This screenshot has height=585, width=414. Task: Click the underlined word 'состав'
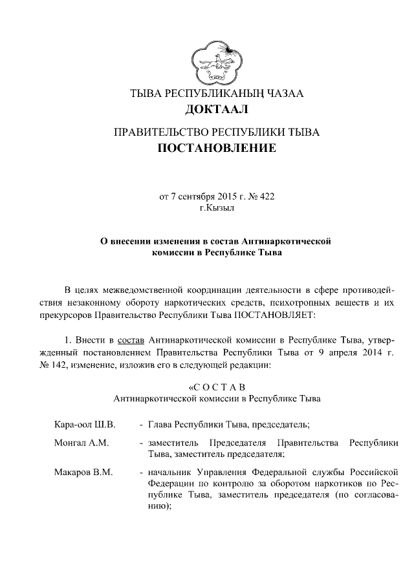click(132, 339)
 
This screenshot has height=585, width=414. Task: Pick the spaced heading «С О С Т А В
click(217, 387)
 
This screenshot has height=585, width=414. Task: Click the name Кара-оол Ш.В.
click(84, 425)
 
